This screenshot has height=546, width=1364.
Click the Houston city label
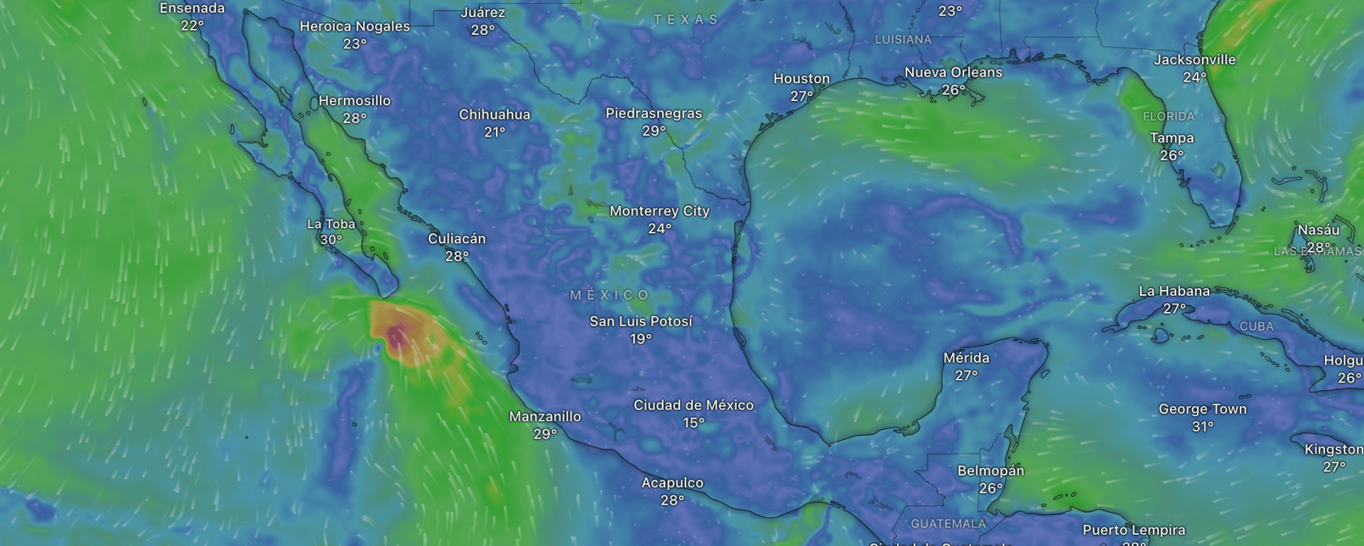tap(801, 79)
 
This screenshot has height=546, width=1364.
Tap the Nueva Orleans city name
tap(953, 73)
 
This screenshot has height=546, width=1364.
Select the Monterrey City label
tap(659, 211)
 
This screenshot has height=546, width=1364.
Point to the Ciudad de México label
tap(693, 405)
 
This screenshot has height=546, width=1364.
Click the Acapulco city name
tap(672, 483)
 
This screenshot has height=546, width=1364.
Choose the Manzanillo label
tap(545, 417)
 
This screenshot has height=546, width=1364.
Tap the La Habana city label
tap(1174, 291)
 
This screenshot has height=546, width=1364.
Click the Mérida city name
tap(966, 358)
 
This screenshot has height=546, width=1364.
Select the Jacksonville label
tap(1194, 60)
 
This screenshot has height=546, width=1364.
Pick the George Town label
tap(1202, 409)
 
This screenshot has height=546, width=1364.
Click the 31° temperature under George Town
tap(1202, 427)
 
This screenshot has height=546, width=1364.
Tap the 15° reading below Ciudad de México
tap(693, 423)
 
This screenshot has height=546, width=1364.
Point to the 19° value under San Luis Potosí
tap(641, 339)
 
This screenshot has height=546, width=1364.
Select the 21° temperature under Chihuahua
tap(494, 132)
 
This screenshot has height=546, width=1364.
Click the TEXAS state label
tap(686, 20)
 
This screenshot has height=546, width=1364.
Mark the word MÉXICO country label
tap(610, 295)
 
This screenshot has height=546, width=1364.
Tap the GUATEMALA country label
tap(948, 524)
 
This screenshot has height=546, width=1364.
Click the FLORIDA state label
tap(1169, 117)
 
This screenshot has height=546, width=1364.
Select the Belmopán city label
tap(990, 471)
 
